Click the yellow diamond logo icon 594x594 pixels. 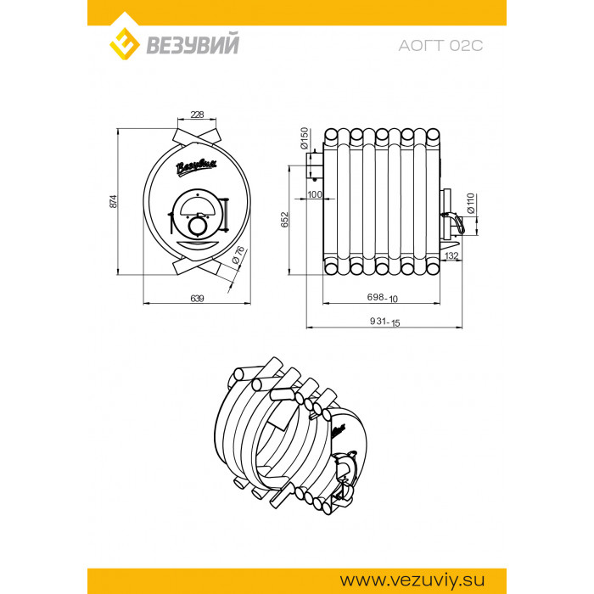124,43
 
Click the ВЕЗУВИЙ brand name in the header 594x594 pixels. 193,44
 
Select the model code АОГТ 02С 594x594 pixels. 440,46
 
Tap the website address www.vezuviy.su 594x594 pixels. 412,580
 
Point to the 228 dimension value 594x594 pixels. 197,114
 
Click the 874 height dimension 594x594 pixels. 114,201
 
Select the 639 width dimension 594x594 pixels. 197,298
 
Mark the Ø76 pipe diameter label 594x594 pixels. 238,255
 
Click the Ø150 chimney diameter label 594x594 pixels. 304,138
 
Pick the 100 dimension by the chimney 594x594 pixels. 315,194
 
